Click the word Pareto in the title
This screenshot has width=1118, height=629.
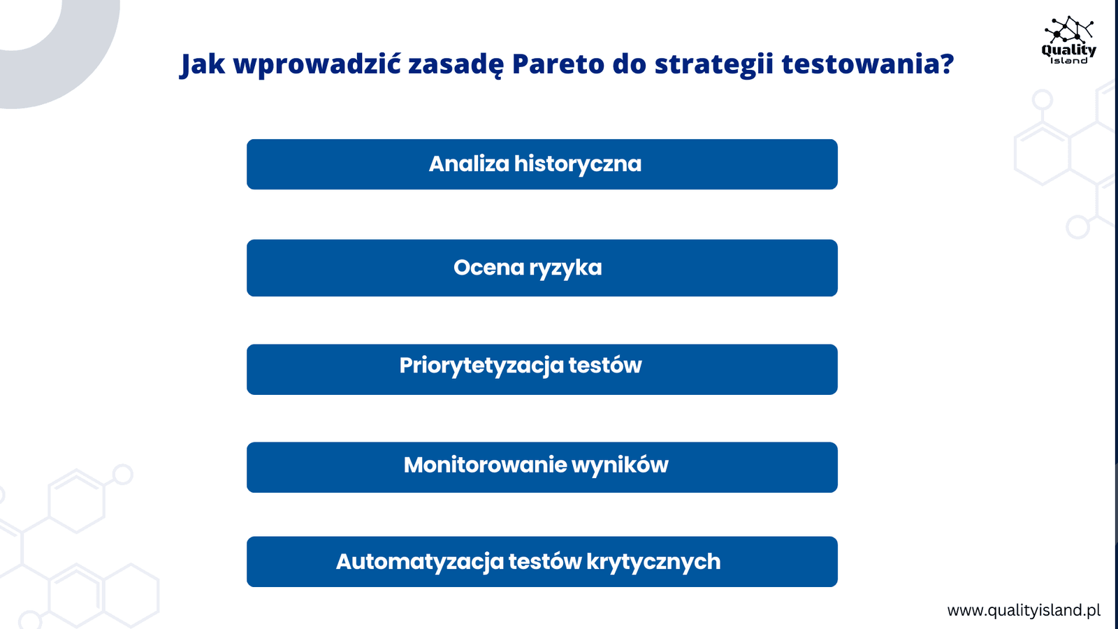pyautogui.click(x=558, y=64)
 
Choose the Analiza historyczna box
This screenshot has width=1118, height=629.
pyautogui.click(x=542, y=164)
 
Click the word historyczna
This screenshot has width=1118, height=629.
pyautogui.click(x=577, y=164)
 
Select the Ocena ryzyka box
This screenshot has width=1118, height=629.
pyautogui.click(x=542, y=268)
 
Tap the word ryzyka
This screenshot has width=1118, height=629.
pyautogui.click(x=565, y=268)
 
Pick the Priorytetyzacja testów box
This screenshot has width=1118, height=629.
pyautogui.click(x=542, y=370)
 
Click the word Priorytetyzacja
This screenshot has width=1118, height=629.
pyautogui.click(x=481, y=366)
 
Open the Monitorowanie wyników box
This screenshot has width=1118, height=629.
pyautogui.click(x=542, y=468)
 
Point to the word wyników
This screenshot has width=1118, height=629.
pyautogui.click(x=619, y=465)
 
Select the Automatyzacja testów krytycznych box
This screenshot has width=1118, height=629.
pyautogui.click(x=542, y=562)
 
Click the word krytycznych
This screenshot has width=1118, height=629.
pyautogui.click(x=653, y=562)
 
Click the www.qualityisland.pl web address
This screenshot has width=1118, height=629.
pyautogui.click(x=1024, y=610)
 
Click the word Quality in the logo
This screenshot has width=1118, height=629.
pyautogui.click(x=1068, y=50)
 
